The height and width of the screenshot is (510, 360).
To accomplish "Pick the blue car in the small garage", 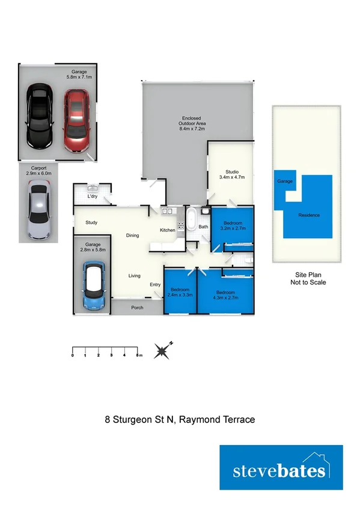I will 94,285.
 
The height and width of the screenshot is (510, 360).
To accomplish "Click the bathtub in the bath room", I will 191,221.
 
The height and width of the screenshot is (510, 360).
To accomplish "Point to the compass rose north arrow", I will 162,350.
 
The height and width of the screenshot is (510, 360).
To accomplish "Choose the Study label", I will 91,223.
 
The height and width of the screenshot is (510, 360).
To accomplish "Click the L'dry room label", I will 93,197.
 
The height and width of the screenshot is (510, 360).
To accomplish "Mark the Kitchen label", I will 167,230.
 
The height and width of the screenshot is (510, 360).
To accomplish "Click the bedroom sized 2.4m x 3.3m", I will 181,292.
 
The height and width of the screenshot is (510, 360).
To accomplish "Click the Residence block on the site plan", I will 309,215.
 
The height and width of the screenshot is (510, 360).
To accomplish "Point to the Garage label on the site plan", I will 284,180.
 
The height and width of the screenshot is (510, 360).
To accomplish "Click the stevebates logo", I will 281,470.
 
